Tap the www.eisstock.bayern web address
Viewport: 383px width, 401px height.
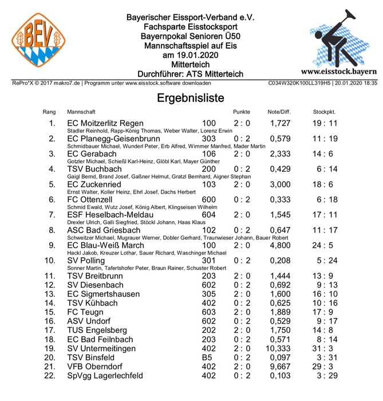tap(338, 72)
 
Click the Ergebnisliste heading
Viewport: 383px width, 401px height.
tap(191, 98)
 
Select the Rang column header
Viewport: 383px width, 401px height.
tap(49, 111)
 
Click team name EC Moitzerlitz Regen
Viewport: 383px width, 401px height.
tap(113, 123)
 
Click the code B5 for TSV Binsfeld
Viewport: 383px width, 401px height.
tap(208, 357)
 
